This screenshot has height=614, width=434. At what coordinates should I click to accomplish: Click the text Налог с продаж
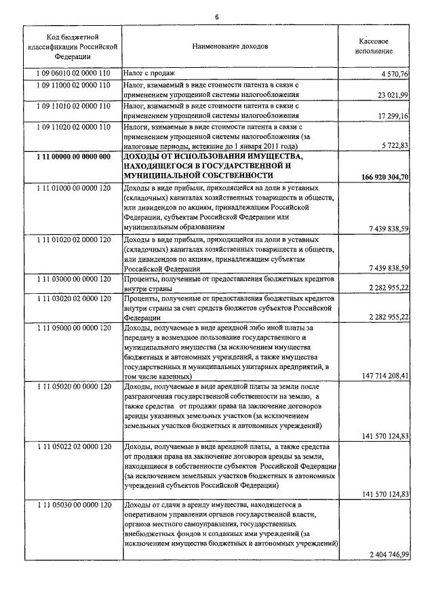(x=149, y=73)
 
